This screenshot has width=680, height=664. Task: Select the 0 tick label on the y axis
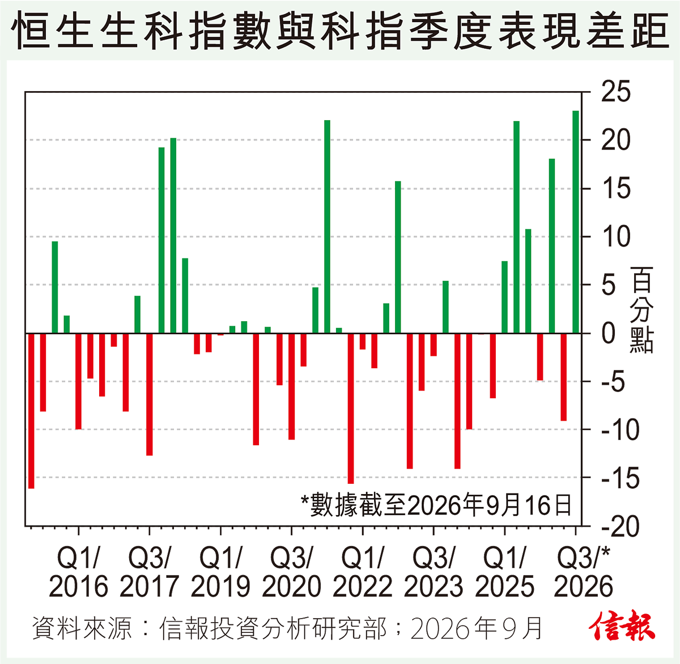(609, 334)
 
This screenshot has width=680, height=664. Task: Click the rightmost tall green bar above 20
(576, 222)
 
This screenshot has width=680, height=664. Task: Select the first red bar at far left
(31, 411)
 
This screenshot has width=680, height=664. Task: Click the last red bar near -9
(564, 377)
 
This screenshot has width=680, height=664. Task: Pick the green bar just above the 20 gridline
(173, 236)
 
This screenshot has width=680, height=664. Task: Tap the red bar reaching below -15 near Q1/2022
(351, 408)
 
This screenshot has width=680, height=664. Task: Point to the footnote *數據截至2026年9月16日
(436, 505)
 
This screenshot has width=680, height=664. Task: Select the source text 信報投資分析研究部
(273, 628)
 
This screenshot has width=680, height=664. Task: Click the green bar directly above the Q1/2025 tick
(504, 297)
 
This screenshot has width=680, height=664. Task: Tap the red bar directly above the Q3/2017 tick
(149, 395)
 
